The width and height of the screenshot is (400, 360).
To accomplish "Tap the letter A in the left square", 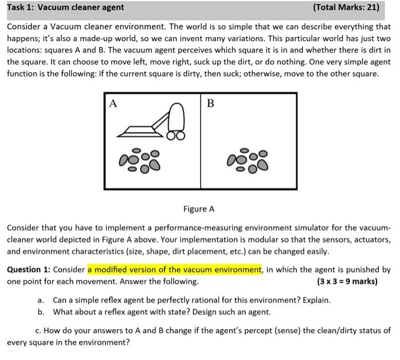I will click(x=113, y=103).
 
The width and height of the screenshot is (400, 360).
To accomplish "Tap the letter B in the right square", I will click(x=210, y=103).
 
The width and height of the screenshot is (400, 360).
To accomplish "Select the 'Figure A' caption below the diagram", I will click(x=199, y=209).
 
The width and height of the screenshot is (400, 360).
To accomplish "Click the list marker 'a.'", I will click(x=41, y=300).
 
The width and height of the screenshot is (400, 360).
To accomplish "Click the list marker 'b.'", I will click(x=41, y=311).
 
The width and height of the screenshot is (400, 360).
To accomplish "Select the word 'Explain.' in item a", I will click(x=314, y=300).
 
